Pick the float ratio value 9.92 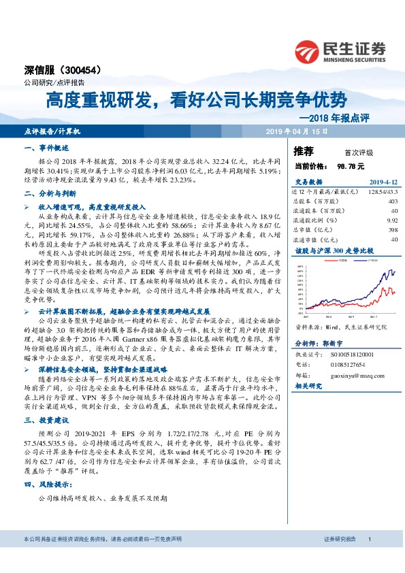391,220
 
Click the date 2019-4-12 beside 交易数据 382,182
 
